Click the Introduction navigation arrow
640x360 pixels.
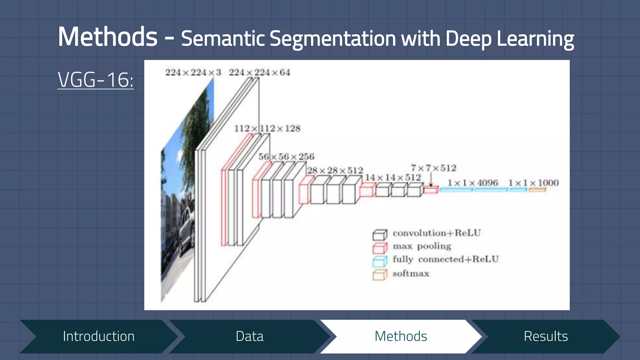click(98, 337)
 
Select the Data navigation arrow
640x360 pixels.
click(249, 337)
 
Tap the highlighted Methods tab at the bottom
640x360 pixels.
click(401, 337)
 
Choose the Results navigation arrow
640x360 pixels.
click(546, 337)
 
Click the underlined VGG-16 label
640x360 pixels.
click(96, 80)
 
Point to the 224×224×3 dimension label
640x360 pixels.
click(193, 72)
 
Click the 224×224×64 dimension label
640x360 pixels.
click(259, 72)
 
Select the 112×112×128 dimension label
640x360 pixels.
click(267, 128)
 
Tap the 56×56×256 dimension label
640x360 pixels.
click(286, 157)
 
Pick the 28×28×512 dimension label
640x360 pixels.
click(335, 170)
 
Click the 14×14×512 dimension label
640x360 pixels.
click(393, 177)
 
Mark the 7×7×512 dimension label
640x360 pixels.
click(433, 168)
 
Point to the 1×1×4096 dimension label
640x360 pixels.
click(472, 183)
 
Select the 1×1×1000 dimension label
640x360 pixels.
click(533, 183)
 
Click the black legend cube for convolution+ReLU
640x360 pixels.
click(380, 235)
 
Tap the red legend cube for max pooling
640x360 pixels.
click(380, 248)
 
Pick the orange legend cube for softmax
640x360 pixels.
click(380, 275)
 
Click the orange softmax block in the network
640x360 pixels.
click(537, 189)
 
